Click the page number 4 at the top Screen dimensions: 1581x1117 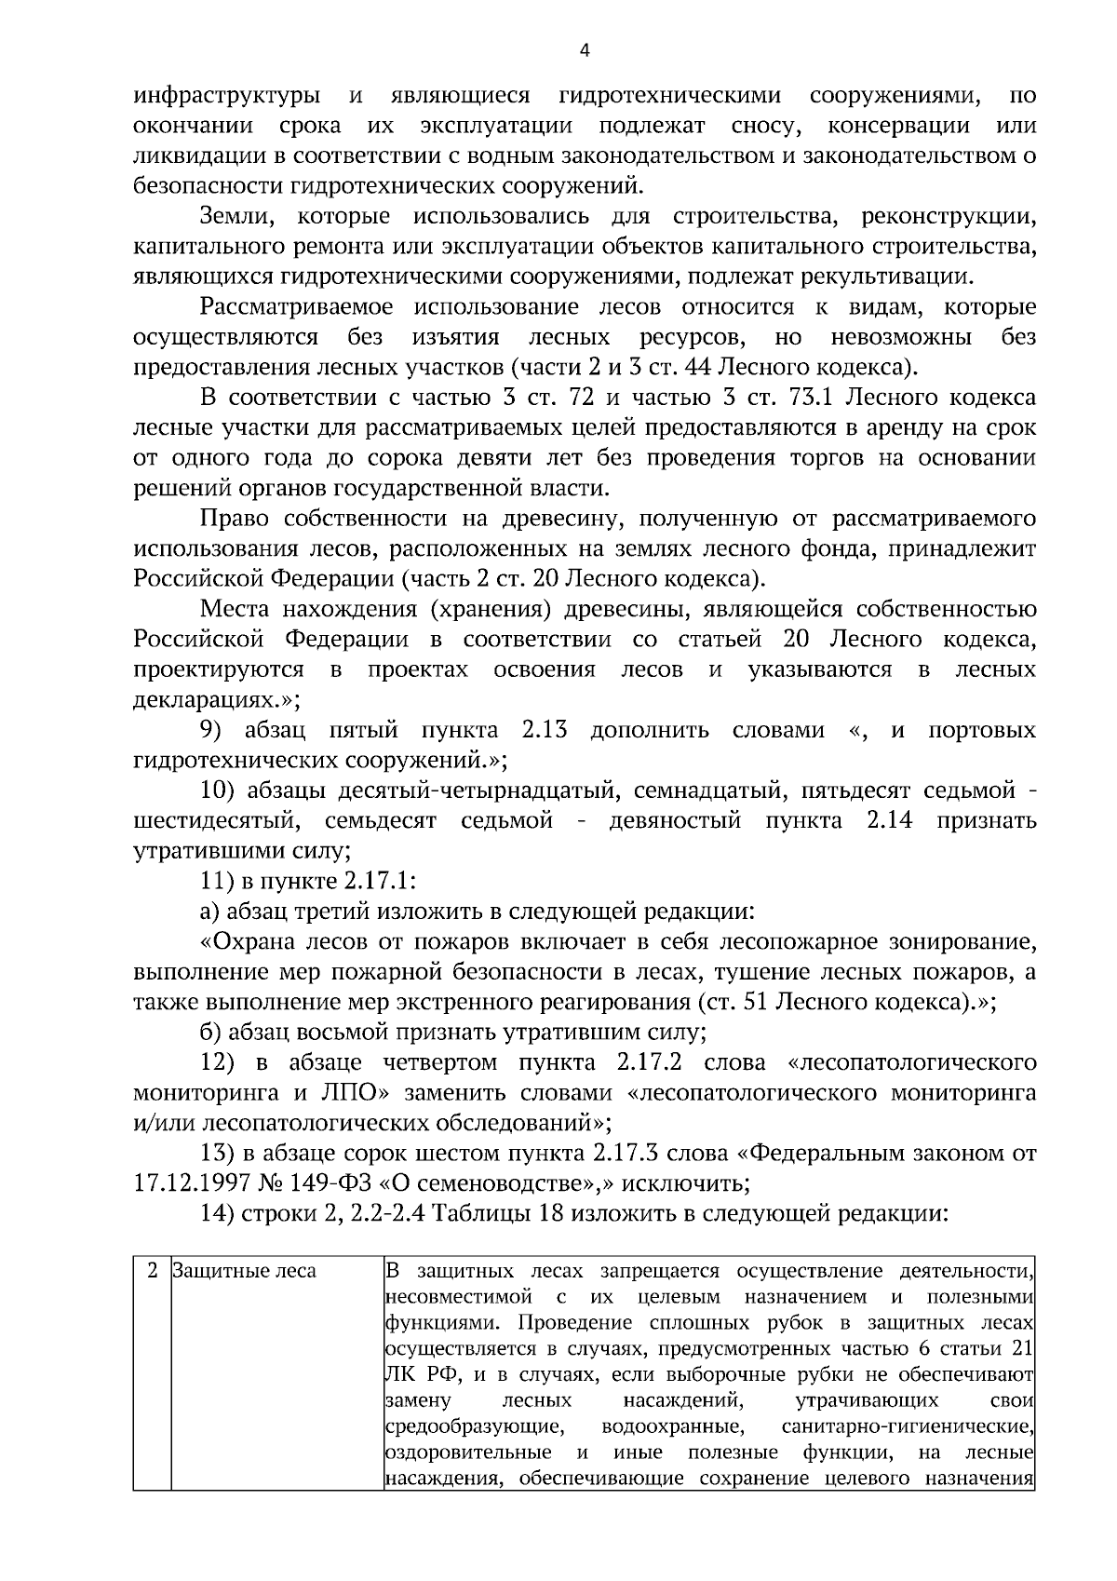(585, 51)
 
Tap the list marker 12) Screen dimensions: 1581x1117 (221, 1062)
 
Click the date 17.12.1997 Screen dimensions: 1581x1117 (192, 1183)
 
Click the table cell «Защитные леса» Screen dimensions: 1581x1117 (245, 1271)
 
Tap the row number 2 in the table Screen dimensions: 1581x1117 (153, 1271)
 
